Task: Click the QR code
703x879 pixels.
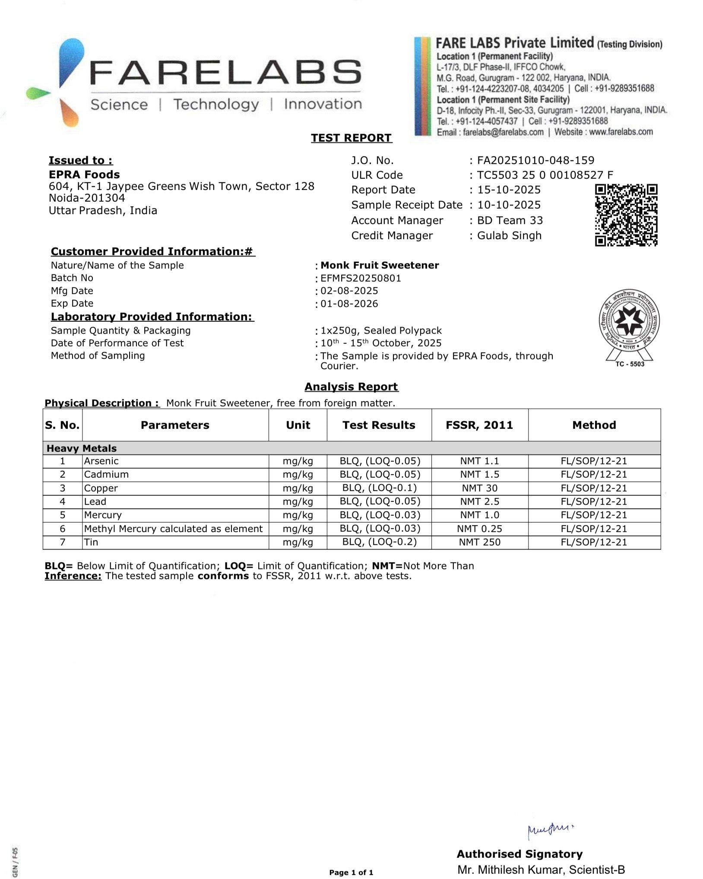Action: [626, 215]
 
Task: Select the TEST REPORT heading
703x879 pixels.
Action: [351, 138]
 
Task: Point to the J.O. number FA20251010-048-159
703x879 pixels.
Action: [535, 160]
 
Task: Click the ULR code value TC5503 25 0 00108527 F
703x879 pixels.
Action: [545, 175]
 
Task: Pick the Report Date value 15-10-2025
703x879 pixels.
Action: [509, 190]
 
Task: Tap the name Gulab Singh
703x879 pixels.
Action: [509, 235]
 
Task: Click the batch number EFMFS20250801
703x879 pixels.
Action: [361, 278]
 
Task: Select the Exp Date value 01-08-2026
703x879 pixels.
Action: [349, 304]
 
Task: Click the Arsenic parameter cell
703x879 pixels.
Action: [101, 461]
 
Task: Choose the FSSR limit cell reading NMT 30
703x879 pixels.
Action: [479, 488]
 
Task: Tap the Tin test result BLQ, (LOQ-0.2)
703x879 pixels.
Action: [379, 542]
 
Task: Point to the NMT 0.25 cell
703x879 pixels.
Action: [479, 528]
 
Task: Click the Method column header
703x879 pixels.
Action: [594, 425]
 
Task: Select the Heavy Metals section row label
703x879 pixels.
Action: [82, 448]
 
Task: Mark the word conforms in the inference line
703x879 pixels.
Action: [223, 576]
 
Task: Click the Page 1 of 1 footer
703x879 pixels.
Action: [351, 872]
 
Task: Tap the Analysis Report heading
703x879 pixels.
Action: [351, 387]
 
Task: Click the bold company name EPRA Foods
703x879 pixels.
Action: [84, 175]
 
